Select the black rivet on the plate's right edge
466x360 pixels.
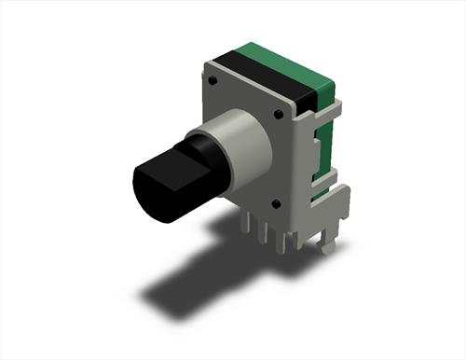click(x=279, y=114)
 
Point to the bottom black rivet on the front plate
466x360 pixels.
click(x=276, y=202)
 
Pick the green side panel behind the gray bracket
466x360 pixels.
click(x=322, y=149)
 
